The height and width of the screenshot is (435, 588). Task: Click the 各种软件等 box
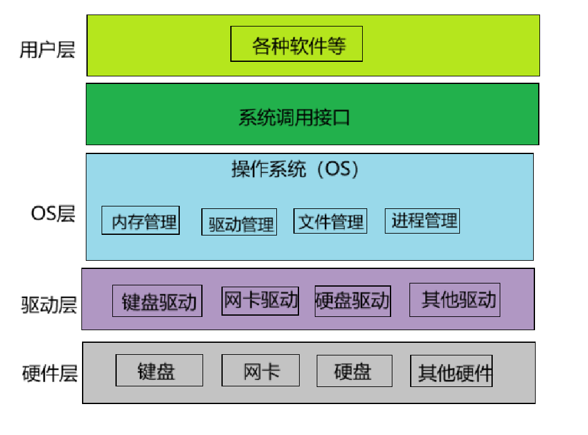tap(297, 44)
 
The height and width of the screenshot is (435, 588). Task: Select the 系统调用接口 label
tap(294, 118)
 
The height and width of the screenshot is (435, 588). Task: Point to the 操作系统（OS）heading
tap(295, 169)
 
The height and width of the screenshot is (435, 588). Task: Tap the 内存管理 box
tap(141, 221)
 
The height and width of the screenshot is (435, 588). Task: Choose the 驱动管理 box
tap(240, 222)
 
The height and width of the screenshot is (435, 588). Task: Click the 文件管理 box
tap(330, 221)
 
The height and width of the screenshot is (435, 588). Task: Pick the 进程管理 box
tap(423, 220)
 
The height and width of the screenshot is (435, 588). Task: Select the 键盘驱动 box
tap(158, 301)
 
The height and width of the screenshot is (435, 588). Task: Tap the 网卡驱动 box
tap(261, 299)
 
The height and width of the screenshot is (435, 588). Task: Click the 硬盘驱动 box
tap(353, 301)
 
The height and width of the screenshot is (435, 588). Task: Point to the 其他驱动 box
tap(455, 299)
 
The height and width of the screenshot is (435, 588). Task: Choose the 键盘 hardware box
tap(159, 371)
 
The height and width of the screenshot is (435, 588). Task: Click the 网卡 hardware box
tap(261, 371)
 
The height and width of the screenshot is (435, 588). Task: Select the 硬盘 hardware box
tap(354, 371)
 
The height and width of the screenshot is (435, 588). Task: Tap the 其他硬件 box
tap(452, 371)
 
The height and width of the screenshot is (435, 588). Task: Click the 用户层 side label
tap(47, 50)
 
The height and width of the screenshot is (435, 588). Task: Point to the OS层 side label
tap(53, 213)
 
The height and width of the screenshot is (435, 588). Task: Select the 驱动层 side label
tap(49, 306)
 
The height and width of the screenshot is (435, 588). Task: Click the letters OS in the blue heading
tap(339, 169)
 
